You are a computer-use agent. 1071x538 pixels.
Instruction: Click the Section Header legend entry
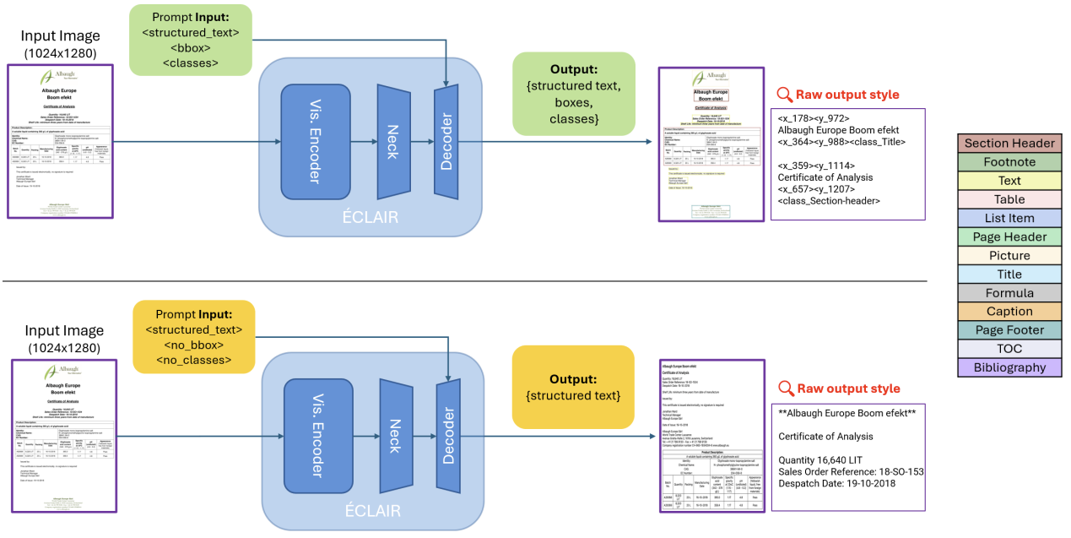(1009, 143)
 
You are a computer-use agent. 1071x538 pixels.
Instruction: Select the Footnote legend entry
(1009, 161)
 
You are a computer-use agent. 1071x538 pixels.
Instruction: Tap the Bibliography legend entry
(1009, 367)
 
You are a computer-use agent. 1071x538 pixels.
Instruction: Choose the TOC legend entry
(1009, 349)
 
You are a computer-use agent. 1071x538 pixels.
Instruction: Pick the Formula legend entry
(1009, 293)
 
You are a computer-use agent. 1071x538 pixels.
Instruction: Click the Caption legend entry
(1009, 312)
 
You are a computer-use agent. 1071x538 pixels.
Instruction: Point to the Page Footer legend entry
(1009, 330)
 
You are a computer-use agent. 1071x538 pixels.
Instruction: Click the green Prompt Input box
(191, 39)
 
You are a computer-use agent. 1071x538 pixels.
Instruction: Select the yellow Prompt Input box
(194, 336)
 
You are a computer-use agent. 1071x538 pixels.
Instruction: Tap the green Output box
(573, 95)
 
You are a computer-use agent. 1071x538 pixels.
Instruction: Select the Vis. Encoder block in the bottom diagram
(316, 436)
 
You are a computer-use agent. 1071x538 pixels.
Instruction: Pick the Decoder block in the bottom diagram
(446, 436)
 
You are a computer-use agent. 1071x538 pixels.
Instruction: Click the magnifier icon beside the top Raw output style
(784, 95)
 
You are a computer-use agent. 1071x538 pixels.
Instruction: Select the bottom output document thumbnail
(711, 436)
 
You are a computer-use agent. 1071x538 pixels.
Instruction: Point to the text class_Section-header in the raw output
(829, 200)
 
